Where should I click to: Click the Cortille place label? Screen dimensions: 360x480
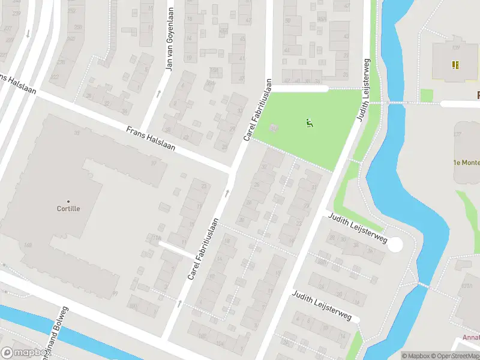click(x=68, y=209)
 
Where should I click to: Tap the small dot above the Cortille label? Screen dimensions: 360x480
click(x=68, y=201)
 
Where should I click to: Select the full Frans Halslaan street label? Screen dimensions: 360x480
click(x=151, y=138)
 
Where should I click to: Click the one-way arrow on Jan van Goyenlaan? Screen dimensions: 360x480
click(x=158, y=93)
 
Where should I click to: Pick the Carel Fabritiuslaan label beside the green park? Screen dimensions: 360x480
click(x=258, y=111)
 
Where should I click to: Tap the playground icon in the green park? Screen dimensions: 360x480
click(x=310, y=124)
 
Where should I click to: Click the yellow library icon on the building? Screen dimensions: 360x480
click(x=455, y=64)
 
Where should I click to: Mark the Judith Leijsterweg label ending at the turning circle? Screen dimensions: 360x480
click(x=357, y=229)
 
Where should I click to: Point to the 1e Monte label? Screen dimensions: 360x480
click(x=466, y=163)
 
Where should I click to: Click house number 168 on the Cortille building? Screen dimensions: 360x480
click(x=28, y=245)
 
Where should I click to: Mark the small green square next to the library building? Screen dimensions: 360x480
click(x=427, y=95)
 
